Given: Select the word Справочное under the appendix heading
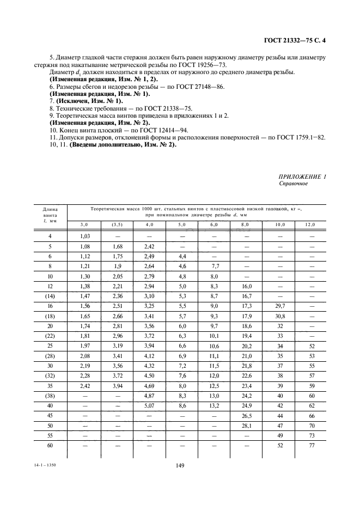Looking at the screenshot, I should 293,184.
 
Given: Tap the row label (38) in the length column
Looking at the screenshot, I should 50,396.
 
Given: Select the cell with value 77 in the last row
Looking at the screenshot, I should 312,446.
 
